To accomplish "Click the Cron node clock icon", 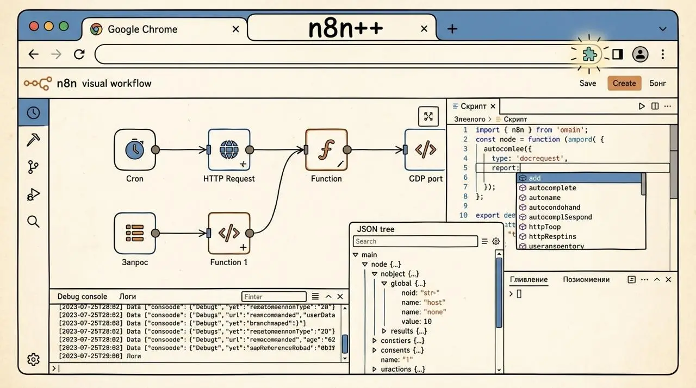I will pos(134,149).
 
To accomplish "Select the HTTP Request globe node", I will pos(229,149).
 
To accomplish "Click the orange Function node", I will pos(326,149).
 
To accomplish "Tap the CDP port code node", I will pos(425,149).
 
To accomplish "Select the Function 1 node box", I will pos(229,233).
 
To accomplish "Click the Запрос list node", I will pos(134,233).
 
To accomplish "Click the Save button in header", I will pos(588,83).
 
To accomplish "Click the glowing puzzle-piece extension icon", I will pos(589,54).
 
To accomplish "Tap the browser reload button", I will pos(79,54).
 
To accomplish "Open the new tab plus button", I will pos(452,29).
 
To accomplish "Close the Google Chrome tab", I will pos(235,29).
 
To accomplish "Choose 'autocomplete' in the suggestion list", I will pos(552,188).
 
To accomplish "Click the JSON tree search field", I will pos(415,241).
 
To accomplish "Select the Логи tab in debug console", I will pos(128,297).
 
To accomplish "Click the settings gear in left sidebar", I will pos(33,359).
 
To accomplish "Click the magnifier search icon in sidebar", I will pos(33,221).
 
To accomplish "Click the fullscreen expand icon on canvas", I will pos(428,116).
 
